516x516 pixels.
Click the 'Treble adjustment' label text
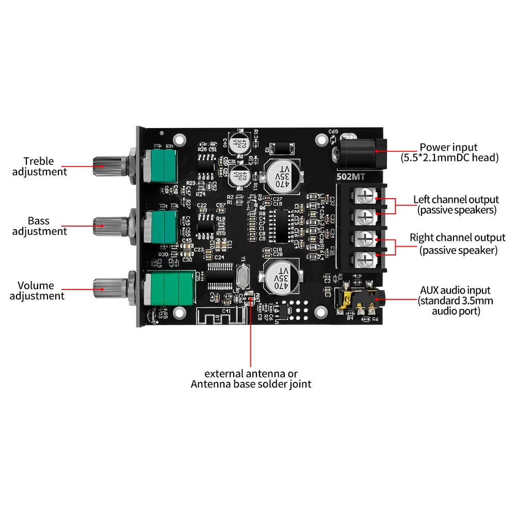40,166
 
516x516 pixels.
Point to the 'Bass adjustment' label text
40,226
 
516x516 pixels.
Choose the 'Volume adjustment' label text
37,291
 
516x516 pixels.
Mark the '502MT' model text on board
351,176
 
